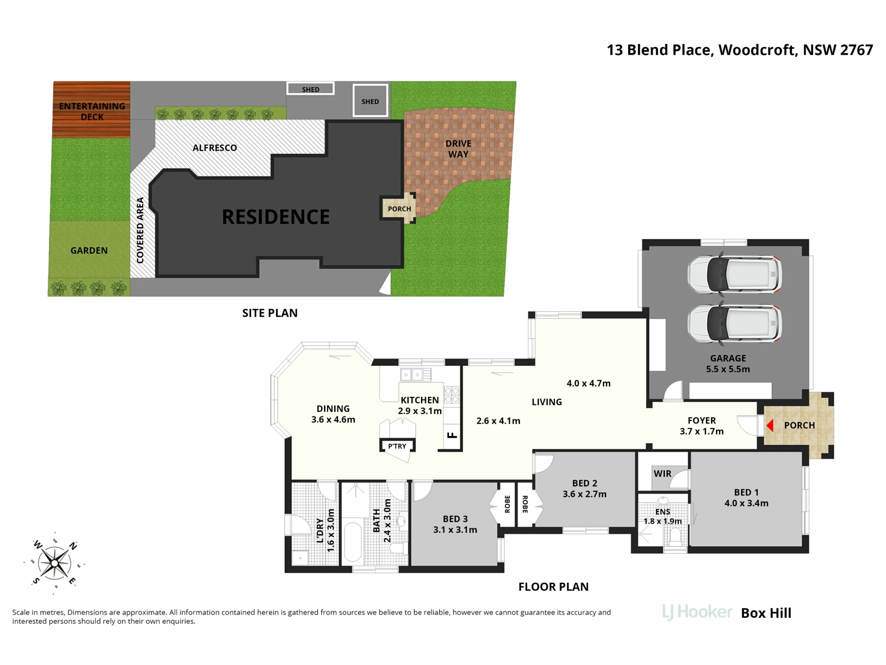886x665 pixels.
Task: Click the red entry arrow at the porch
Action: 769,425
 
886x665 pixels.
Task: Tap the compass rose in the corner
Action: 54,563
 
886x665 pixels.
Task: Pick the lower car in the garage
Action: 735,323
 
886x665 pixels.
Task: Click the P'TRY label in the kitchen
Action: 397,446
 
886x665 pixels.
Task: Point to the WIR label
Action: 662,473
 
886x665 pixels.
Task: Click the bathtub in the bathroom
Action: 353,542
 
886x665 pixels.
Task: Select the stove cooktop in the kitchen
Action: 451,395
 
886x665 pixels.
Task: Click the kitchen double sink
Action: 412,375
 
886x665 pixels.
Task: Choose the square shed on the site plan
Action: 370,100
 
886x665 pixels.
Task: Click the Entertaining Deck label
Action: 92,111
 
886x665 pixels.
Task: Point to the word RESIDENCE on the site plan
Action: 275,217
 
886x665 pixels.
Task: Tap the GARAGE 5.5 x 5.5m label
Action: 728,363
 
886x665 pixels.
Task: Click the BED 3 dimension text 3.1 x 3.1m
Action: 455,530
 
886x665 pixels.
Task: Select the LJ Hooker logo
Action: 697,612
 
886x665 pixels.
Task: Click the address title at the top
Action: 740,50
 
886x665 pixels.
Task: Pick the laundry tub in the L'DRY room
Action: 300,558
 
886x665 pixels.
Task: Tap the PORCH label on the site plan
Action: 399,209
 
